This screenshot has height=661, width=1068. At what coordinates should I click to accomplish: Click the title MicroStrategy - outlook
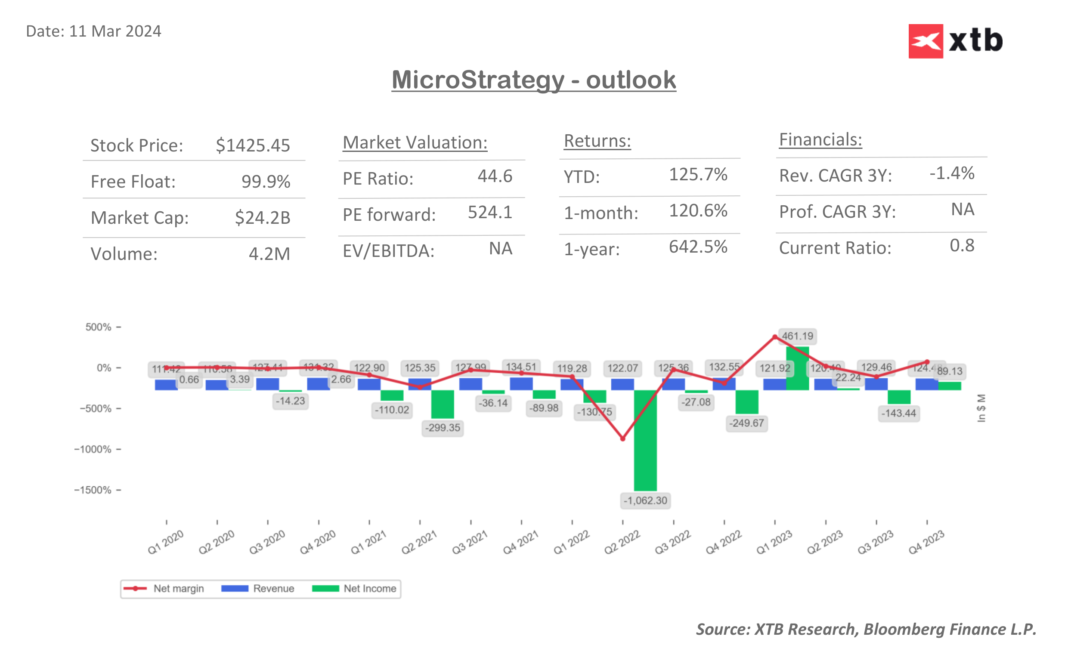pyautogui.click(x=533, y=80)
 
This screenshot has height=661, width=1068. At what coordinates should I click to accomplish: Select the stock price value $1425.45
pyautogui.click(x=253, y=145)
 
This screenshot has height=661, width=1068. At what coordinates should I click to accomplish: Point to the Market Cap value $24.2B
pyautogui.click(x=262, y=217)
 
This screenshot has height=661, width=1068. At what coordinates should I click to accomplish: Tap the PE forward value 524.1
pyautogui.click(x=489, y=213)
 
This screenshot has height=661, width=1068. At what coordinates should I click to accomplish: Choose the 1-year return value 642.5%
pyautogui.click(x=698, y=247)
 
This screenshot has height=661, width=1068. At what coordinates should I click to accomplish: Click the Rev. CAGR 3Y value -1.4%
pyautogui.click(x=951, y=173)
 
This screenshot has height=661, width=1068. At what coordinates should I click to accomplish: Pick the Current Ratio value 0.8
pyautogui.click(x=961, y=246)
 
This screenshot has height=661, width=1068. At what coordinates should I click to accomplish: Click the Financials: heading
pyautogui.click(x=820, y=140)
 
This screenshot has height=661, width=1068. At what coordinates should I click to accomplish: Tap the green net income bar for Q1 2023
pyautogui.click(x=797, y=368)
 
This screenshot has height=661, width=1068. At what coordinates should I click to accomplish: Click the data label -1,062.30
pyautogui.click(x=645, y=500)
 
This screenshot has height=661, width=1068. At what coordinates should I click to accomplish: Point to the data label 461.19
pyautogui.click(x=797, y=336)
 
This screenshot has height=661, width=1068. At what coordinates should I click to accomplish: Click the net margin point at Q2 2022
pyautogui.click(x=622, y=439)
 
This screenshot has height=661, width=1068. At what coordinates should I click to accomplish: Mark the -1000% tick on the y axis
pyautogui.click(x=93, y=449)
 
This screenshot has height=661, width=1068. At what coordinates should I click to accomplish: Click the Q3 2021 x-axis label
pyautogui.click(x=470, y=542)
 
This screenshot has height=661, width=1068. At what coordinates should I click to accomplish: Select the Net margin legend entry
pyautogui.click(x=164, y=588)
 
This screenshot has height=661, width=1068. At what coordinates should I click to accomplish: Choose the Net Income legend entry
pyautogui.click(x=354, y=588)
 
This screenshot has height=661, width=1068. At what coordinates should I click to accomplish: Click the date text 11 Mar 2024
pyautogui.click(x=115, y=31)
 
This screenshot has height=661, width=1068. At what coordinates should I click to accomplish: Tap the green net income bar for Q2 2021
pyautogui.click(x=443, y=404)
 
